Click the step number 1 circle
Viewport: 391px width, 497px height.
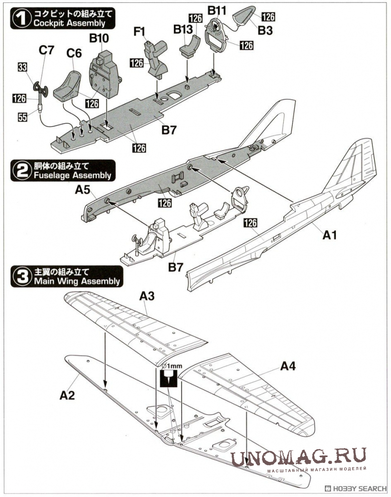pos(19,19)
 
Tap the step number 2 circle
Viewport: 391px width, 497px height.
pos(19,171)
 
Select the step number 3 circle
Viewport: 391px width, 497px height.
pos(19,277)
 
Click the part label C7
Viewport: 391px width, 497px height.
pos(47,50)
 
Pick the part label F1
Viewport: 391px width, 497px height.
pos(140,33)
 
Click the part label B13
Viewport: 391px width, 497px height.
pos(183,30)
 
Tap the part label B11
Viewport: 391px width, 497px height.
pos(217,10)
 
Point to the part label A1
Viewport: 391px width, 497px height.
pos(330,235)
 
